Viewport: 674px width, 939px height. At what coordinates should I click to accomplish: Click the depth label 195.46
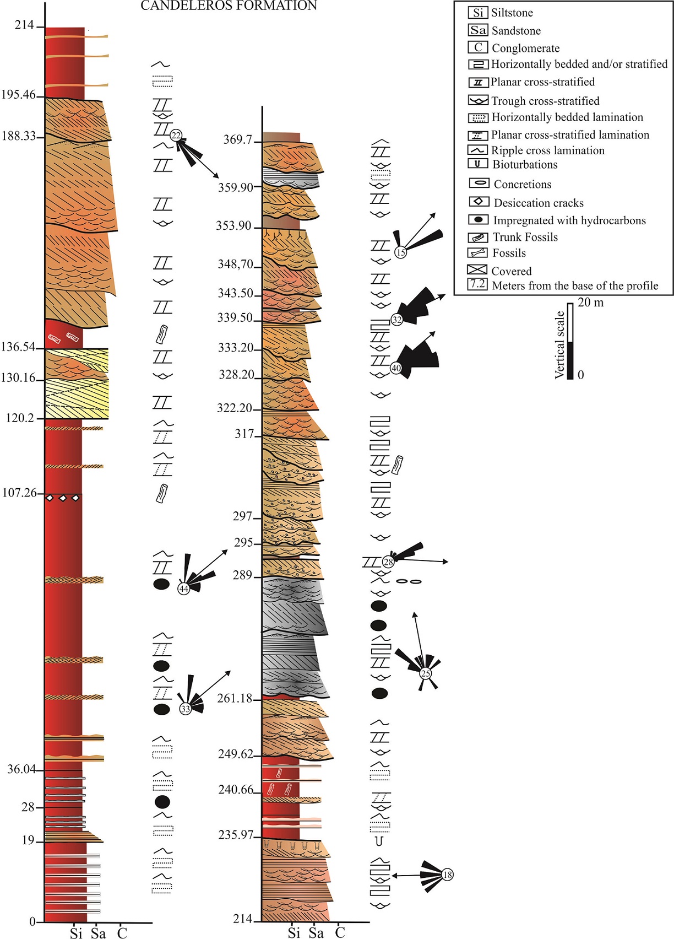(18, 95)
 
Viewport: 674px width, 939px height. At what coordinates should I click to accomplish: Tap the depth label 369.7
(237, 140)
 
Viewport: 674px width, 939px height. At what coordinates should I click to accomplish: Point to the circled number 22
(176, 135)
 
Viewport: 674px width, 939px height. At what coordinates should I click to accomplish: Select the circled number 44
(183, 589)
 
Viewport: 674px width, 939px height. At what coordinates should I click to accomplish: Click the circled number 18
(447, 875)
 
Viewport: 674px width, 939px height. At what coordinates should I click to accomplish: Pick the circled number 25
(425, 673)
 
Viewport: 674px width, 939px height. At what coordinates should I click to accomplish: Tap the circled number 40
(396, 368)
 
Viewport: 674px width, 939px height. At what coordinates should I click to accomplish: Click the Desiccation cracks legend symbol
(478, 202)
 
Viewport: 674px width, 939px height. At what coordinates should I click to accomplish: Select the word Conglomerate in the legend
(525, 48)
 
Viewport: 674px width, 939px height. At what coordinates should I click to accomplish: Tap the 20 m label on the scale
(590, 303)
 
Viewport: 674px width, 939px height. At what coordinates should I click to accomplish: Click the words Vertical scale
(560, 345)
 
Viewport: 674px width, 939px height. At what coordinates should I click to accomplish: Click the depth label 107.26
(19, 493)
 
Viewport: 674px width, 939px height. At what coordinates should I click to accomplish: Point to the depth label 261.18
(235, 699)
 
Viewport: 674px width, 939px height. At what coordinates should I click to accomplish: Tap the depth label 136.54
(18, 347)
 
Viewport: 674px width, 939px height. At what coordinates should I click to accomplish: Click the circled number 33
(186, 709)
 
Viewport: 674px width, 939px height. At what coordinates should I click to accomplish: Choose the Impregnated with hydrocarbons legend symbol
(478, 219)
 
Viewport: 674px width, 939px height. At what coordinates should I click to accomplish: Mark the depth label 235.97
(236, 835)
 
